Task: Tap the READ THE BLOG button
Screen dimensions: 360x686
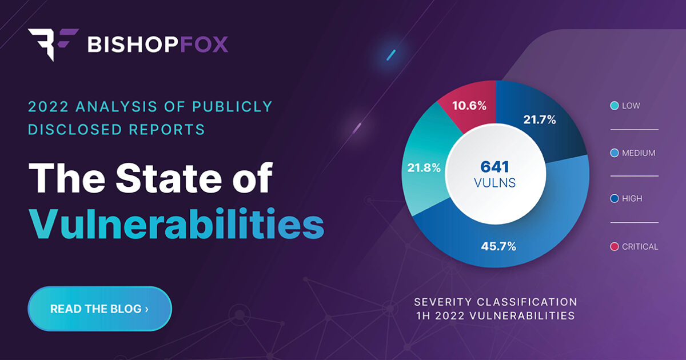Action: point(99,309)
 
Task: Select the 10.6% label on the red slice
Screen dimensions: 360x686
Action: point(469,106)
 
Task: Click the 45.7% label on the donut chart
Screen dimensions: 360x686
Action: point(499,247)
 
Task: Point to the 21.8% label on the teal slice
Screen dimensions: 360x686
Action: point(424,168)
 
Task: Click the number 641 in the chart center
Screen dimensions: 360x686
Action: point(495,167)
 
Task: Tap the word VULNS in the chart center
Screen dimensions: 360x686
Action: point(495,183)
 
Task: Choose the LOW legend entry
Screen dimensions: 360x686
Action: point(632,106)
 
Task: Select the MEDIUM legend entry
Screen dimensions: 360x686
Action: point(637,153)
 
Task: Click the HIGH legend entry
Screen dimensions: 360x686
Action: point(632,199)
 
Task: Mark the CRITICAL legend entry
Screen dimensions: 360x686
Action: point(640,247)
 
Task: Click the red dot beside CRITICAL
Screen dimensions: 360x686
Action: point(615,247)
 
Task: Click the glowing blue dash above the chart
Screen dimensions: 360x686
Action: point(392,55)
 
